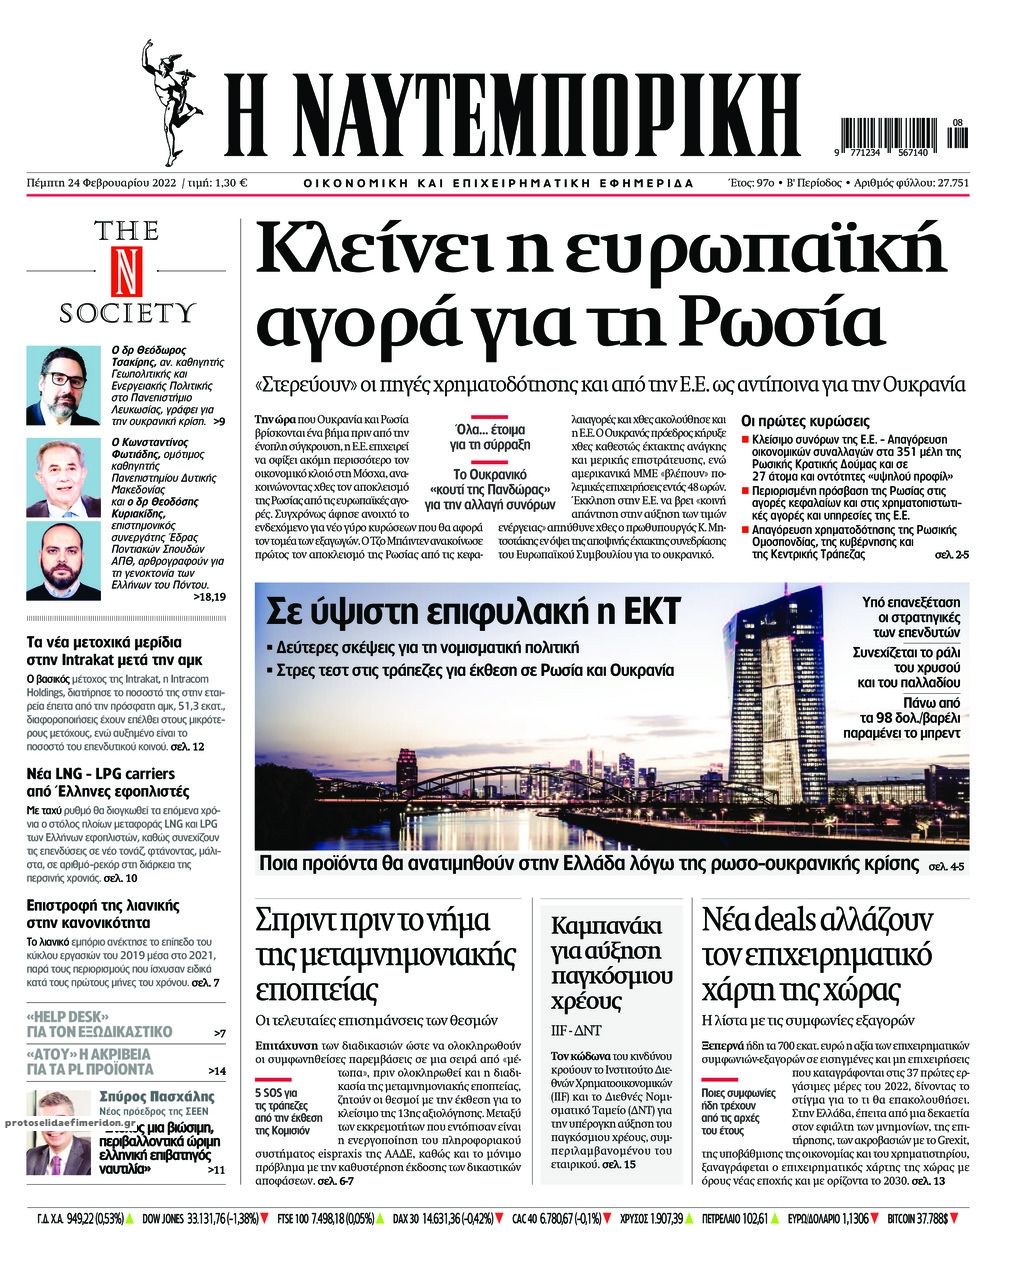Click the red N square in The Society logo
[126, 270]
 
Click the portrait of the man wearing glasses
[62, 384]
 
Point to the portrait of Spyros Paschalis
[58, 1132]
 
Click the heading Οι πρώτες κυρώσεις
[805, 421]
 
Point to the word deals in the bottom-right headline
[793, 918]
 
